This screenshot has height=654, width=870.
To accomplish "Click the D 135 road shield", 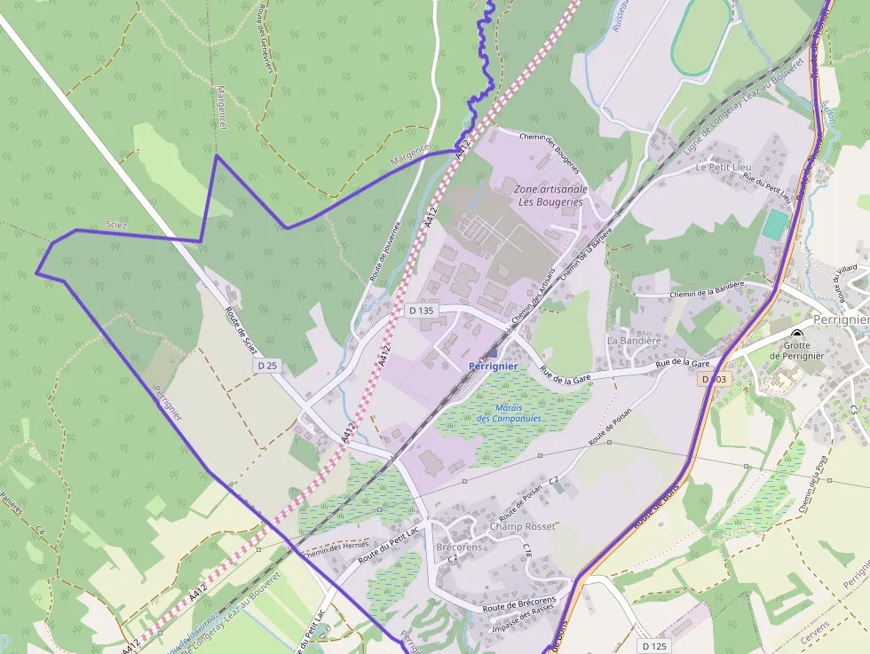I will [x=422, y=311].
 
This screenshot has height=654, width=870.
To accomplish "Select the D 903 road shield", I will [x=713, y=379].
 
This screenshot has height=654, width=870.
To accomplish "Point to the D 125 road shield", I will [x=653, y=645].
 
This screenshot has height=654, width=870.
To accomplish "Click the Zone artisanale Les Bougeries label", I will [x=550, y=195].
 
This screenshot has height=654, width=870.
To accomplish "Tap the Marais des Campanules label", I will [x=509, y=413].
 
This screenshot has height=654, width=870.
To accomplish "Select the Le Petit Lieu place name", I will [x=724, y=166].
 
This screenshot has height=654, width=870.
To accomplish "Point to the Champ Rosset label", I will [x=522, y=527].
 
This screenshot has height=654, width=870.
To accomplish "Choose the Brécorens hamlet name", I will [x=459, y=547].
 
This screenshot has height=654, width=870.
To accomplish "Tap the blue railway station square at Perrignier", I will [x=492, y=353].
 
